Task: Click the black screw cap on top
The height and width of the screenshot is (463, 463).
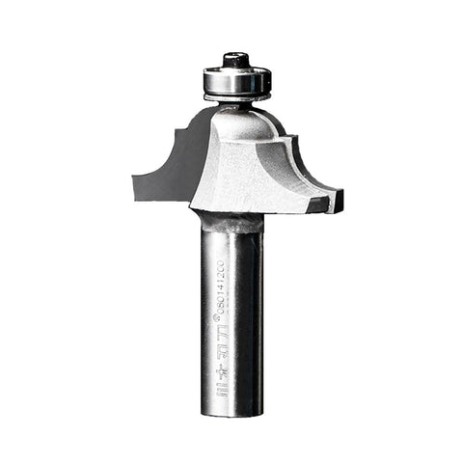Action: click(234, 61)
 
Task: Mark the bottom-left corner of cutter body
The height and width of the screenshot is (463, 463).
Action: click(193, 206)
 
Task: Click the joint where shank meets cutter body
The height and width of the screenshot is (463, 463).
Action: click(231, 220)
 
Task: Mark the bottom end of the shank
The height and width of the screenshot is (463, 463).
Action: click(232, 414)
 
